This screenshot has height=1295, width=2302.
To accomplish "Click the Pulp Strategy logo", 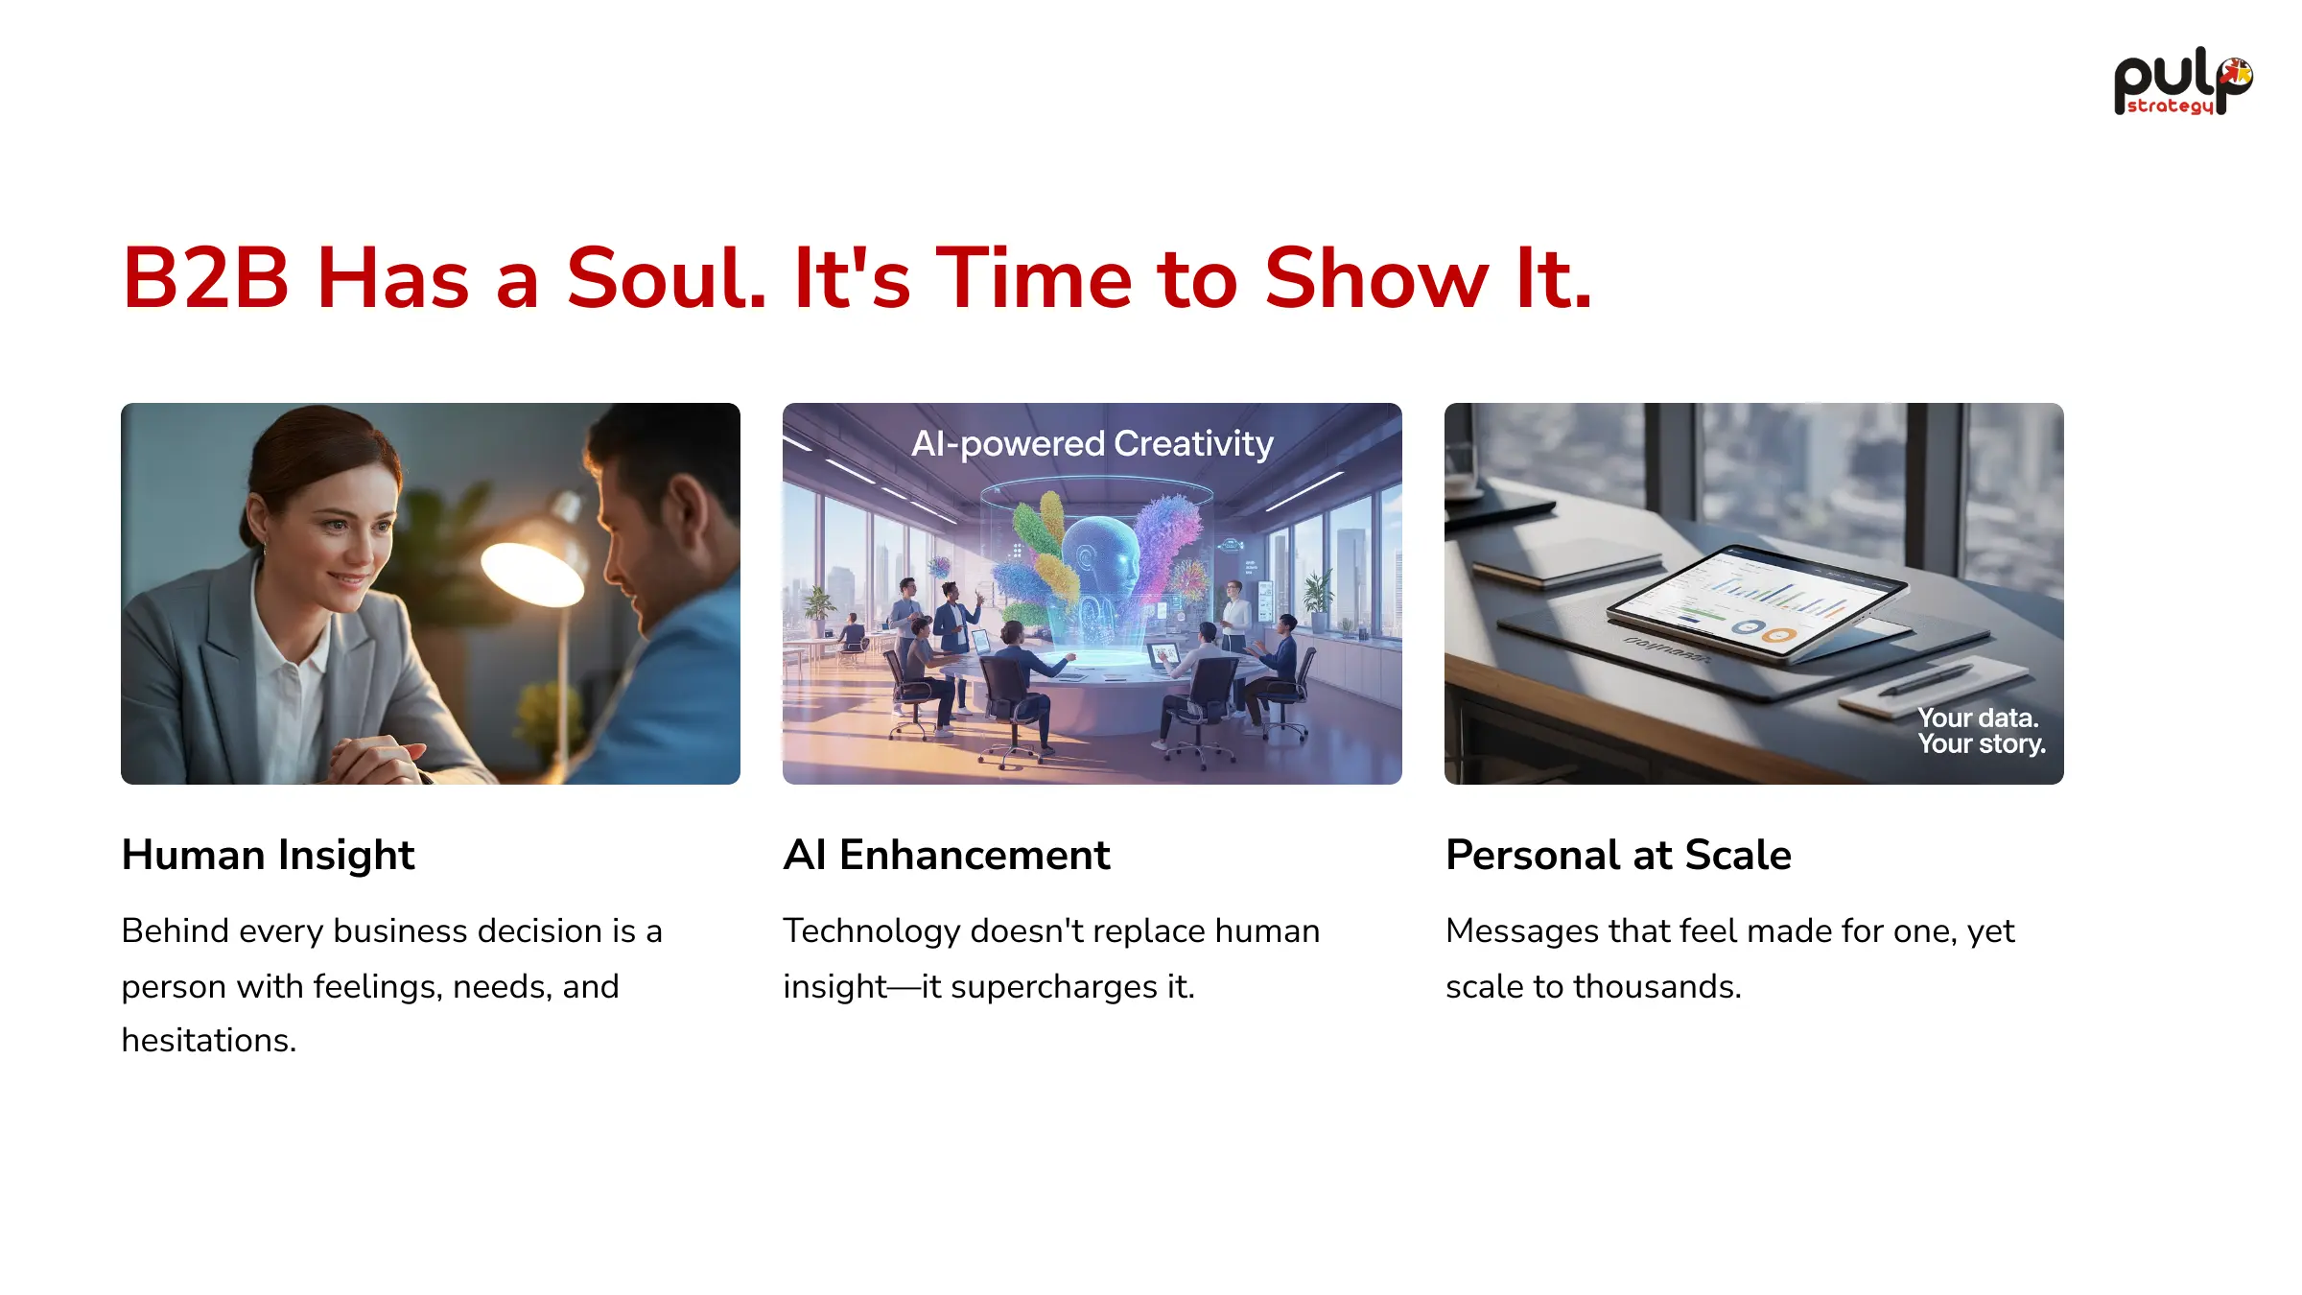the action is (x=2183, y=82).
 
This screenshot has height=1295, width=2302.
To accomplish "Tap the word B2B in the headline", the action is (x=205, y=278).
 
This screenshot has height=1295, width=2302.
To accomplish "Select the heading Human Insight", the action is (x=268, y=855).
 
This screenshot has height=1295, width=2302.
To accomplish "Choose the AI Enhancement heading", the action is (x=947, y=855).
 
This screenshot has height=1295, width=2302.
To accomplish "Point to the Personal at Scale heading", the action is (x=1618, y=855).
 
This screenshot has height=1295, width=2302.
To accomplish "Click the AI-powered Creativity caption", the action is (x=1092, y=443).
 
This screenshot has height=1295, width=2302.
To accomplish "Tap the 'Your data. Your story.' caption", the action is (x=1981, y=731).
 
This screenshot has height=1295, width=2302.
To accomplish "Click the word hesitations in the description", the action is (x=208, y=1040).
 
